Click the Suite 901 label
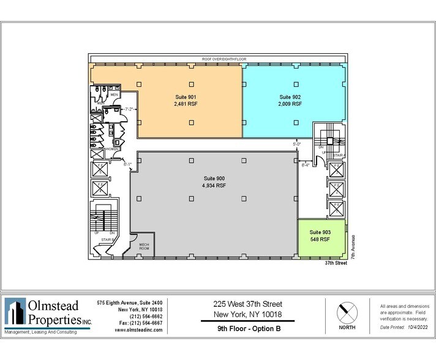(x=186, y=97)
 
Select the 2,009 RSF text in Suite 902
(x=290, y=104)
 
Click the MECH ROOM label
(x=143, y=246)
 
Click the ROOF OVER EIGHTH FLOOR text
(x=218, y=59)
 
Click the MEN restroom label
(x=114, y=95)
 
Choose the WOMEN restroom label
(x=112, y=149)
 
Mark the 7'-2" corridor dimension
(x=129, y=109)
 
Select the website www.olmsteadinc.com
(x=138, y=329)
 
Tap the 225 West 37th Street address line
(x=247, y=304)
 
